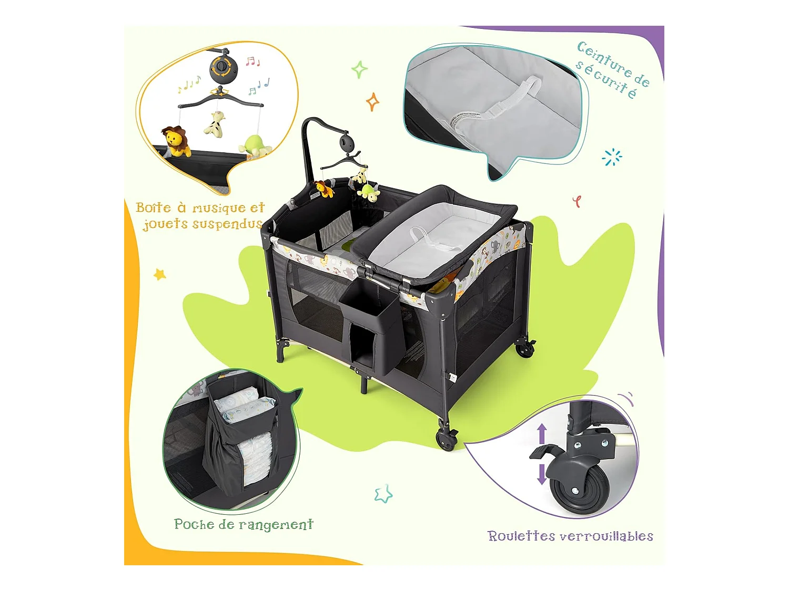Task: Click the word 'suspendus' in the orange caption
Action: click(227, 224)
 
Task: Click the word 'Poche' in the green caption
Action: click(194, 524)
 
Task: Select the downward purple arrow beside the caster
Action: click(541, 474)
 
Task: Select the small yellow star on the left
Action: click(159, 275)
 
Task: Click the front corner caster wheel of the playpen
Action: click(446, 438)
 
